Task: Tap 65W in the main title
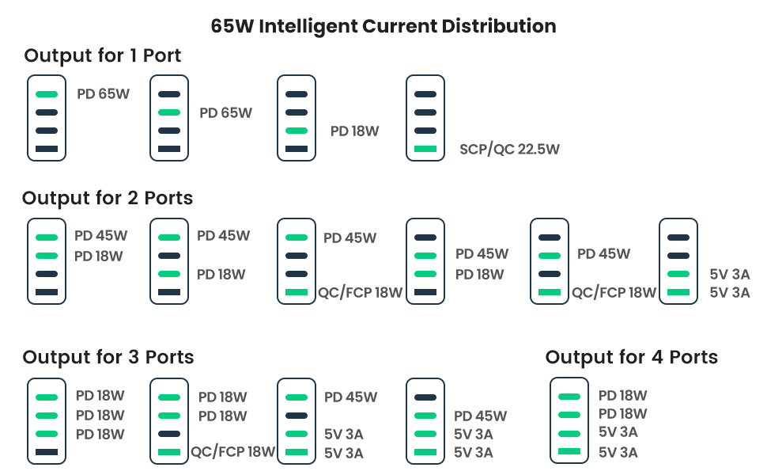(x=232, y=26)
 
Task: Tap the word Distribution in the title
(x=499, y=26)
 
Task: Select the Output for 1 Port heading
(x=103, y=55)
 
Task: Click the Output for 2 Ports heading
(x=108, y=198)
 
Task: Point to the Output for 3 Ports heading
(x=108, y=357)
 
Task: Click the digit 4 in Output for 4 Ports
(x=657, y=357)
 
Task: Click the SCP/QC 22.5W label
(x=509, y=150)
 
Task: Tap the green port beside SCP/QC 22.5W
(x=425, y=149)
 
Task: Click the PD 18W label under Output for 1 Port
(x=355, y=131)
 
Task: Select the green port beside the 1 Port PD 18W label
(x=297, y=131)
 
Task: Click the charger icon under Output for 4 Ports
(x=569, y=420)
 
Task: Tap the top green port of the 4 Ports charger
(x=569, y=397)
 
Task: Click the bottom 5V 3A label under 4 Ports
(x=618, y=453)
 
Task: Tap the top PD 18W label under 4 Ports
(x=623, y=395)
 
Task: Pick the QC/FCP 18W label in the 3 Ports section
(x=232, y=451)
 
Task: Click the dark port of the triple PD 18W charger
(x=47, y=452)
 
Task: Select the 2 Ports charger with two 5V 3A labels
(x=678, y=261)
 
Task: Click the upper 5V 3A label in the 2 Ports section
(x=729, y=274)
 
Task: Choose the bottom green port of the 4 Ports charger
(x=569, y=451)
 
